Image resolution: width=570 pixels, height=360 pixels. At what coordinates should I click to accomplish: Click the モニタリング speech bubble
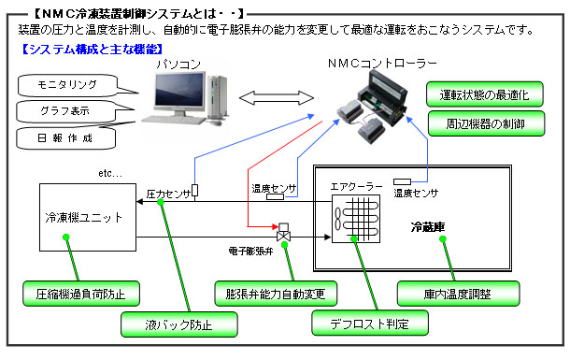[x=67, y=85]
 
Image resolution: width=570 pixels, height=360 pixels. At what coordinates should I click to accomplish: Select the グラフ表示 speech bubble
[x=65, y=111]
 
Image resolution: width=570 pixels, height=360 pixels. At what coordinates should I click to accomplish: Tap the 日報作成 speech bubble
[x=65, y=138]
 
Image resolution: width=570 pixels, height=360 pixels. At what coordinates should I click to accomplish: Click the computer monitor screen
[x=178, y=90]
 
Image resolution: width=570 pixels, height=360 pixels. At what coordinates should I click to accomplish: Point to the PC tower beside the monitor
[x=218, y=96]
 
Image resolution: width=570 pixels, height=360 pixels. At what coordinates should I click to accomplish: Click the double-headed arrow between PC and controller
[x=277, y=98]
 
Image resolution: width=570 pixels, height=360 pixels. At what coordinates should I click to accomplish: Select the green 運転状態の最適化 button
[x=485, y=94]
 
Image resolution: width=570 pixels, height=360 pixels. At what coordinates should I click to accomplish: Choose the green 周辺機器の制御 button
[x=486, y=123]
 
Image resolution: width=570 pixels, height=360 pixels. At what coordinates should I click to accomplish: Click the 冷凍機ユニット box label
[x=83, y=218]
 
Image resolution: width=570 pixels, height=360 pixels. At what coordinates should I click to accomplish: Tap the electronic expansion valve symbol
[x=283, y=232]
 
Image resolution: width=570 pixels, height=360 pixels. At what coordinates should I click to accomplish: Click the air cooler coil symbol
[x=356, y=219]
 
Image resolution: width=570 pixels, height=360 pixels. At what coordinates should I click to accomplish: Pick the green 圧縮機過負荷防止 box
[x=81, y=294]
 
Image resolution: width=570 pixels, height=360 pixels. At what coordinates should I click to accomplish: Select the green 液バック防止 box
[x=178, y=324]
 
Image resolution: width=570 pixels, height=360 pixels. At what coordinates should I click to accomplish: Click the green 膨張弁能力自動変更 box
[x=276, y=294]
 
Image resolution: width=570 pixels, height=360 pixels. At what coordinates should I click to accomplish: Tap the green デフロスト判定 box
[x=370, y=324]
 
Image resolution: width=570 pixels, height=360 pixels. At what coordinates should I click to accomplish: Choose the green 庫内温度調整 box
[x=458, y=294]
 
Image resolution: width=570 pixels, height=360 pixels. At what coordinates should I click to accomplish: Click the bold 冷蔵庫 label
[x=428, y=227]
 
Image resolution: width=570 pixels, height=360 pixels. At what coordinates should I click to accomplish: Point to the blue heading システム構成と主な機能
[x=92, y=49]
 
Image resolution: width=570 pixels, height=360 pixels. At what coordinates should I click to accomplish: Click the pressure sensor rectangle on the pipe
[x=195, y=191]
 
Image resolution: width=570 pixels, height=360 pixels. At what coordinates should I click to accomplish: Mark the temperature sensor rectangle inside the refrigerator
[x=402, y=181]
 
